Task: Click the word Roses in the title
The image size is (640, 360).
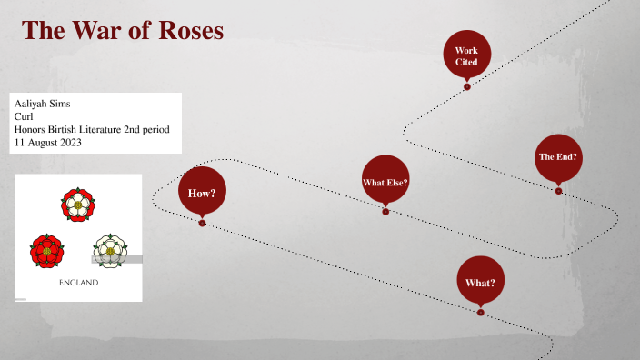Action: (x=188, y=30)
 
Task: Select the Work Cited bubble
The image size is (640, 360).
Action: (x=466, y=55)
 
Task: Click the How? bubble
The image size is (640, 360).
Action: (x=202, y=193)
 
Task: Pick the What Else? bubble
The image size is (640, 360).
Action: (x=385, y=181)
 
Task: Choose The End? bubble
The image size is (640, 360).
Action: (x=558, y=157)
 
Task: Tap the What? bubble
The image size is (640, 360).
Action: (x=480, y=283)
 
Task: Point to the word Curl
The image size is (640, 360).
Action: (x=25, y=116)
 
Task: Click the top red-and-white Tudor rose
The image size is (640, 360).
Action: (x=78, y=204)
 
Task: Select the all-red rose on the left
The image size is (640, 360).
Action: (x=45, y=248)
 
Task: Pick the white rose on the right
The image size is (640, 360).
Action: (x=109, y=248)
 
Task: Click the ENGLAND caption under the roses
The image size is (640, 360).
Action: (x=78, y=283)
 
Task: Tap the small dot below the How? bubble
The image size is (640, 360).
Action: (x=202, y=223)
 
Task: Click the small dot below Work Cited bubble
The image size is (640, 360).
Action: (x=467, y=86)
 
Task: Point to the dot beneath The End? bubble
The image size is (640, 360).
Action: (x=558, y=191)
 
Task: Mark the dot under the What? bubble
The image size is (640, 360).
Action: (x=480, y=313)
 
